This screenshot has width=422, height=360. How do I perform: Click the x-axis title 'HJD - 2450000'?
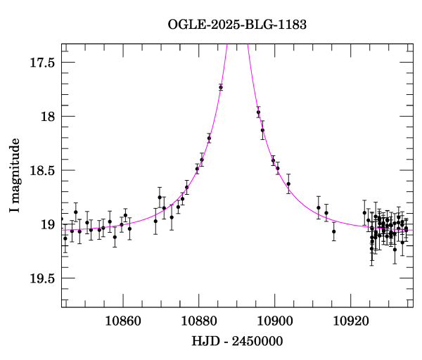237,342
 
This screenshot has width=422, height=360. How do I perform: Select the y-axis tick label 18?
48,117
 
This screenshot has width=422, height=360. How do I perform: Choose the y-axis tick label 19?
48,225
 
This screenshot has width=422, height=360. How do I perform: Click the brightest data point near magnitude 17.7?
221,87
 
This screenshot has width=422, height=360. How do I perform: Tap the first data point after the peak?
258,112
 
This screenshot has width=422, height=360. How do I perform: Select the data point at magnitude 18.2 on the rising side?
209,138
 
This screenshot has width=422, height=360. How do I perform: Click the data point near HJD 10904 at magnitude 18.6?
288,184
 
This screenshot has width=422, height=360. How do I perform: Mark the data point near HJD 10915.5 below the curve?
333,231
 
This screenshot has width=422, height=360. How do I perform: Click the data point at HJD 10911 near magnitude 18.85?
318,207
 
